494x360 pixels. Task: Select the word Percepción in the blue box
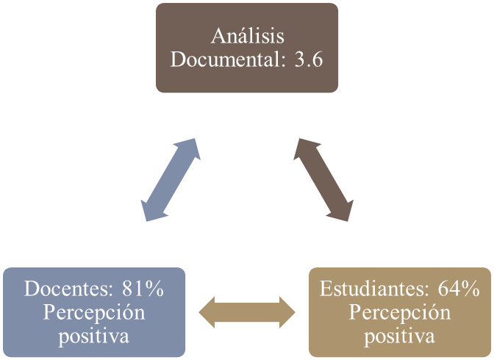pyautogui.click(x=93, y=313)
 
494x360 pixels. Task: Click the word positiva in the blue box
pyautogui.click(x=93, y=336)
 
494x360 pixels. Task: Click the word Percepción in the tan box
pyautogui.click(x=399, y=313)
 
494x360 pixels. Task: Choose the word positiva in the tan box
pyautogui.click(x=399, y=336)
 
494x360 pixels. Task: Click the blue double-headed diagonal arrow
pyautogui.click(x=172, y=179)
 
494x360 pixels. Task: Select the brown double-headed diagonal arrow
pyautogui.click(x=323, y=179)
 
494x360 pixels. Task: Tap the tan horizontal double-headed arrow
pyautogui.click(x=247, y=312)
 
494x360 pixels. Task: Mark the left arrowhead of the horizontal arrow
pyautogui.click(x=208, y=312)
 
